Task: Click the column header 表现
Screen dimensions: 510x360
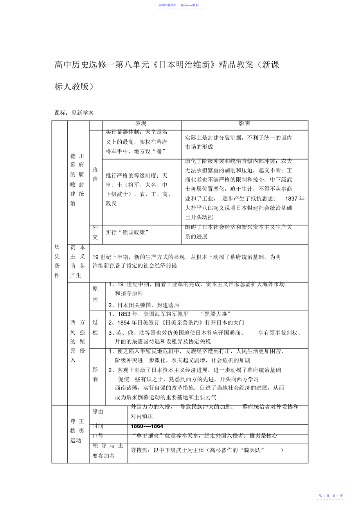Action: tap(141, 124)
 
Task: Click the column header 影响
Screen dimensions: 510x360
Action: tap(244, 124)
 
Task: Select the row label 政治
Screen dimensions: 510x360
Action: tap(95, 174)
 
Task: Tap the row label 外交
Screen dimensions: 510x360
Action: tap(95, 232)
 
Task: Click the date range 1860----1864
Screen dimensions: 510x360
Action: tap(147, 426)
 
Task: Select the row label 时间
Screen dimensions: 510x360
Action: tap(98, 426)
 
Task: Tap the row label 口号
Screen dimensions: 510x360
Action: tap(98, 436)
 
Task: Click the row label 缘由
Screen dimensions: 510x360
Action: tap(98, 412)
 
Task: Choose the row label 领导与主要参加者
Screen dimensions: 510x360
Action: tap(108, 451)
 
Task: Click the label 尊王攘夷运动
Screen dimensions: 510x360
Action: tap(77, 431)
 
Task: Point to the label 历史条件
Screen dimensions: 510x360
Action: tap(58, 261)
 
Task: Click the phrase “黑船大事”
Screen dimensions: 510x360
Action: tap(215, 314)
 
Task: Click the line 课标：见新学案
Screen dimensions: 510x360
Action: tap(74, 113)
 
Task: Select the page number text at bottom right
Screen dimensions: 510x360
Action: tap(331, 496)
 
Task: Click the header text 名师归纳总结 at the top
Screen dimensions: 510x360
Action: tap(167, 5)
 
